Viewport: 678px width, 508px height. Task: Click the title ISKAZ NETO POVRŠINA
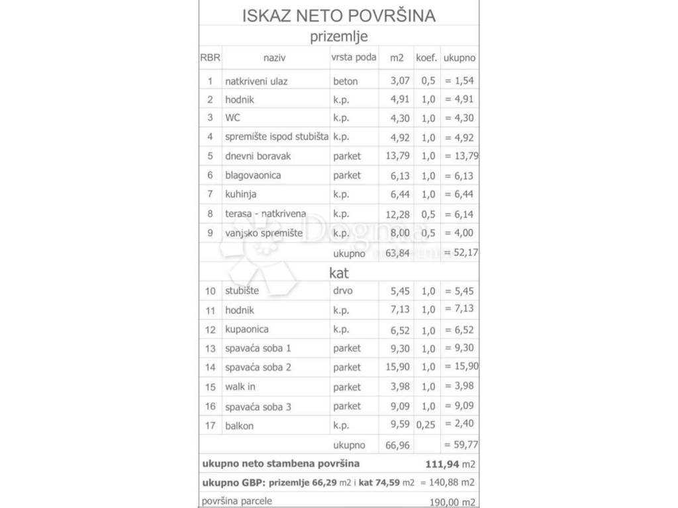338,15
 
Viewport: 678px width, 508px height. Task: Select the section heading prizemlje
338,36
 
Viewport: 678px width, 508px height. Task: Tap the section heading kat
338,272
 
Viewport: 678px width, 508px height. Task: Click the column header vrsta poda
354,58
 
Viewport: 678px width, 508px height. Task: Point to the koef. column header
426,58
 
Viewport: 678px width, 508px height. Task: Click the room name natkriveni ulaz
256,81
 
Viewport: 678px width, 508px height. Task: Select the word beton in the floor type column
346,81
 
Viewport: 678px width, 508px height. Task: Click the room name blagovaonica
253,175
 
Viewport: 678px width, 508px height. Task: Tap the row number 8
210,214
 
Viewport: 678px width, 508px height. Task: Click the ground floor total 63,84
397,253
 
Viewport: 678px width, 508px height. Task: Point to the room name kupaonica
247,329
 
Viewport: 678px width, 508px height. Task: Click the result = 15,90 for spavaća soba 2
460,366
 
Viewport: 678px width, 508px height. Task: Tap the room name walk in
240,387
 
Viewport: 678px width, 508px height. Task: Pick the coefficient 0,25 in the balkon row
426,425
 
